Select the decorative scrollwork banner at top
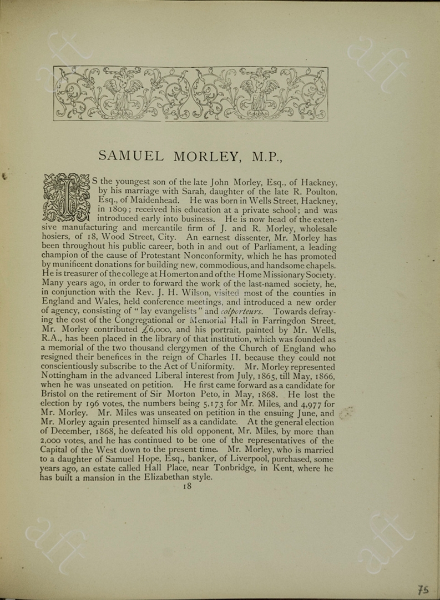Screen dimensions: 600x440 [190, 94]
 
